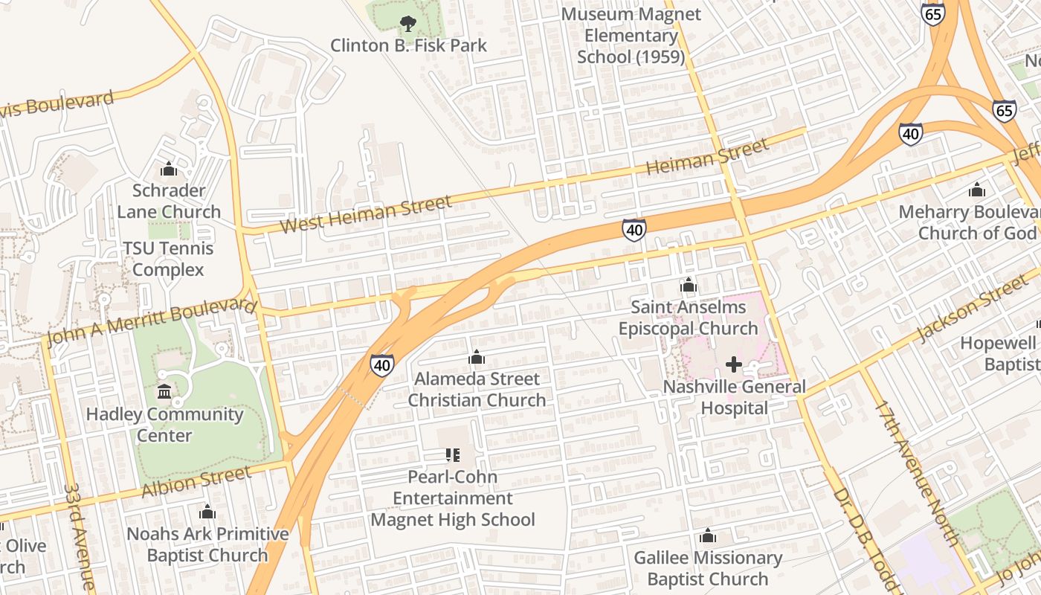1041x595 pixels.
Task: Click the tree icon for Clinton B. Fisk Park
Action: [407, 24]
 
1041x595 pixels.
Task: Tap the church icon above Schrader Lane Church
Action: [169, 169]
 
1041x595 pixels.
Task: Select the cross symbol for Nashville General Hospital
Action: [734, 364]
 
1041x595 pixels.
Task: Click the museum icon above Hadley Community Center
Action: [164, 392]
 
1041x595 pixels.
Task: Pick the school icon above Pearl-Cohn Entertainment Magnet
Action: [453, 454]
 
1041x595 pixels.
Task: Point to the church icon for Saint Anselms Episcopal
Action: [689, 285]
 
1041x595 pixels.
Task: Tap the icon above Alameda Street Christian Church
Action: [477, 358]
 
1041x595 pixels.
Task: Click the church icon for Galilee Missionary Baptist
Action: [708, 535]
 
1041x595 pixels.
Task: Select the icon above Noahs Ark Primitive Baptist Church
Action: [207, 512]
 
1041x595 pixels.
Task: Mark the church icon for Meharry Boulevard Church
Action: [977, 190]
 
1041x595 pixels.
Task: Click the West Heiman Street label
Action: [366, 214]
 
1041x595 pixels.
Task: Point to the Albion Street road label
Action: [196, 483]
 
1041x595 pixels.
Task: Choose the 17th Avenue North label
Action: [916, 472]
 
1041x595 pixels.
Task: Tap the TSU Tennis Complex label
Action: [168, 259]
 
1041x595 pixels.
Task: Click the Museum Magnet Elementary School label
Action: [631, 36]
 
